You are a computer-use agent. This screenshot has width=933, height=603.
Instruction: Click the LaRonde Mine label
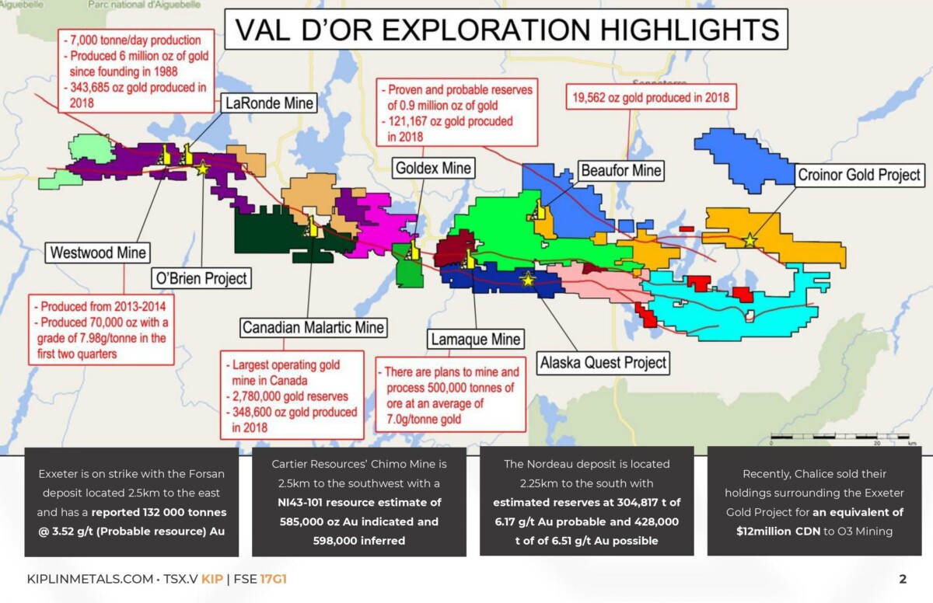tap(269, 103)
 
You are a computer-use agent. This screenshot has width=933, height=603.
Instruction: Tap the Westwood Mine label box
tap(98, 253)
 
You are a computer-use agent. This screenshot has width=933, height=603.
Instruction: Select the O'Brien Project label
tap(201, 278)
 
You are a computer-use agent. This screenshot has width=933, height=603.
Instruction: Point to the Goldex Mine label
tap(433, 168)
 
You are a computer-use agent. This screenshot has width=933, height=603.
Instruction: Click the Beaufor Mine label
tap(620, 170)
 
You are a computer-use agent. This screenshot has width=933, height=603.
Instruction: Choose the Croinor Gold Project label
tap(859, 175)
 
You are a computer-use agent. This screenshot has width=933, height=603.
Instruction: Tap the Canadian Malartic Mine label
tap(313, 327)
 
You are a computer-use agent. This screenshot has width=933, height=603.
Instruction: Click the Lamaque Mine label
tap(475, 339)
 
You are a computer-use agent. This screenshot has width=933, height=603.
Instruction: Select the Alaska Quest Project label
tap(603, 363)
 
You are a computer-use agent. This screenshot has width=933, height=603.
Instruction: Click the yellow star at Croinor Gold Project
tap(750, 240)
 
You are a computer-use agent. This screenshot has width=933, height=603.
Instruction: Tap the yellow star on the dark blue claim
tap(528, 280)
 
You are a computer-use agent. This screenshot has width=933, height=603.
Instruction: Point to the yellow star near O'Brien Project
tap(202, 168)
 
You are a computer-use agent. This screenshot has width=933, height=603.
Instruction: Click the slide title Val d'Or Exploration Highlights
tap(506, 30)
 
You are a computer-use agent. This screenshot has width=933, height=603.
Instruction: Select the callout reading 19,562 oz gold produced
tap(651, 97)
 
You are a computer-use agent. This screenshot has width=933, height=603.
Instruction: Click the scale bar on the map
tap(840, 437)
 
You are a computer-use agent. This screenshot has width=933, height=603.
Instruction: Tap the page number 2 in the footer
tap(903, 579)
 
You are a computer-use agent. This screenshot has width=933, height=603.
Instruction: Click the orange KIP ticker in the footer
tap(212, 579)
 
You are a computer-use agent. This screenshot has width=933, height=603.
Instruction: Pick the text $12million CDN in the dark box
tap(778, 531)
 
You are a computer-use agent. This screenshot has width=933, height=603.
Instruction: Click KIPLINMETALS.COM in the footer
tap(90, 579)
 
